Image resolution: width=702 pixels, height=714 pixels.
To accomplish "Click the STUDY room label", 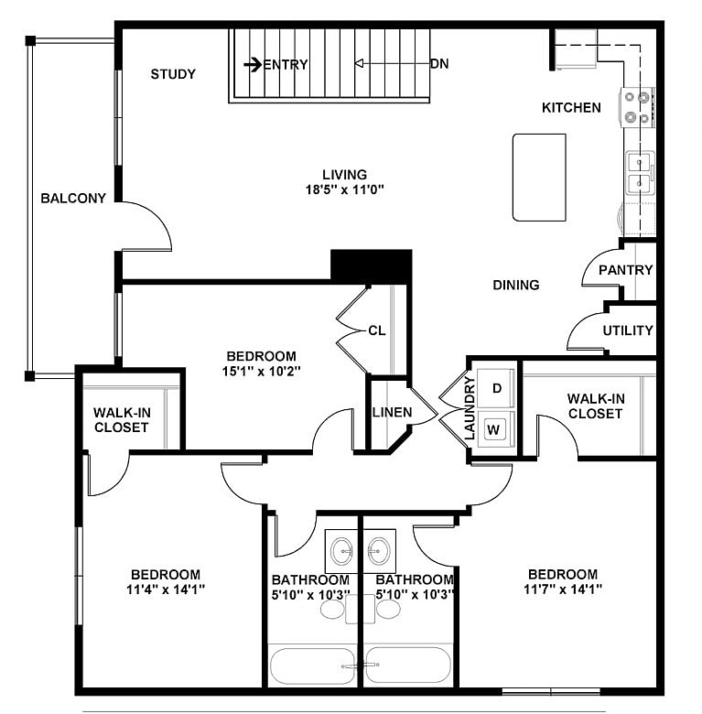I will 173,74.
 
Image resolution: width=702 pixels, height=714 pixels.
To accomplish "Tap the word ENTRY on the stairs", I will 286,64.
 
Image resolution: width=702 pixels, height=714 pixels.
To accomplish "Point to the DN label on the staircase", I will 439,64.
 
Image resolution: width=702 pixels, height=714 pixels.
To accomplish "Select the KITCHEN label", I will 571,108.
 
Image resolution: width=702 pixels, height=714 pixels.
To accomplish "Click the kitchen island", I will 539,177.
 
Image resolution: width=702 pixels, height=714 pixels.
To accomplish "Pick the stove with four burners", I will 637,107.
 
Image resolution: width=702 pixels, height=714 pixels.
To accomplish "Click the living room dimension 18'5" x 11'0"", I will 344,189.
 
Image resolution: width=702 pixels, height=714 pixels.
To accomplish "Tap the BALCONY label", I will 73,198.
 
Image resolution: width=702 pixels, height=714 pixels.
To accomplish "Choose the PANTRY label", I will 625,270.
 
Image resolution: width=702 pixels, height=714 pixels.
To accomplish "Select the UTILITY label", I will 628,330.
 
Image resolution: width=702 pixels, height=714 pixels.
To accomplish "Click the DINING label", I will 516,285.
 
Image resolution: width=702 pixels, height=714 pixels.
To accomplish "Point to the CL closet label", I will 377,330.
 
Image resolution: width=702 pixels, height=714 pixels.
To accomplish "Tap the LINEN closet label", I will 392,413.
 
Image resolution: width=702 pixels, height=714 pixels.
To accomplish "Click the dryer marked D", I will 497,388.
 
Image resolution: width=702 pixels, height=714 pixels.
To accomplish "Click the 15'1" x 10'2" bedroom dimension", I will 262,372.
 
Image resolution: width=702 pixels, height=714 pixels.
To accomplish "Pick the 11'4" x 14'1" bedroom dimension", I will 165,589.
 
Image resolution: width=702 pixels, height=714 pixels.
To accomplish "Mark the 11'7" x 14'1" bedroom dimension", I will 562,589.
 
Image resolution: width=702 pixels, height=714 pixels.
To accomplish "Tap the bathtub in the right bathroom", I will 408,665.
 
